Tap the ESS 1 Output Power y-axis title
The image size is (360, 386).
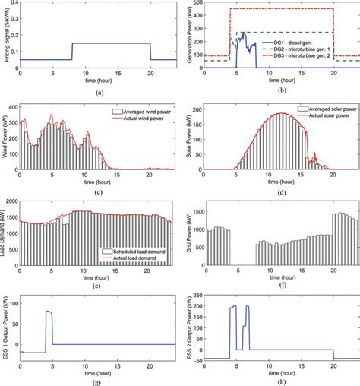click(x=6, y=331)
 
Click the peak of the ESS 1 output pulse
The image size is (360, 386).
click(x=49, y=312)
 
